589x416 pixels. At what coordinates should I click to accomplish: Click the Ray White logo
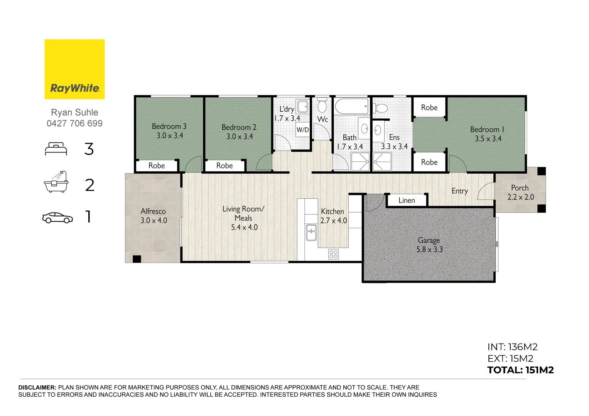tap(74, 69)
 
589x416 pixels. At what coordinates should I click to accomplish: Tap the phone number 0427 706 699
tap(74, 124)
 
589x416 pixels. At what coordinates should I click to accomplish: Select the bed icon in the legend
tap(56, 149)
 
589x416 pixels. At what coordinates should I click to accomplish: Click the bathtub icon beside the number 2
tap(56, 182)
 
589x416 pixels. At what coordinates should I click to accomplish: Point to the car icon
tap(57, 218)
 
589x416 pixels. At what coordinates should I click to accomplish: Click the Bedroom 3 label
tap(169, 126)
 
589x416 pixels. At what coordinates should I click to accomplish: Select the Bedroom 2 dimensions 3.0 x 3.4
tap(240, 137)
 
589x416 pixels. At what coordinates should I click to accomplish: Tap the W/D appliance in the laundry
tap(302, 130)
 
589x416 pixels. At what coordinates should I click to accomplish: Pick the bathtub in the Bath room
tap(351, 106)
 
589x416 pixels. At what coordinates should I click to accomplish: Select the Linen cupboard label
tap(407, 200)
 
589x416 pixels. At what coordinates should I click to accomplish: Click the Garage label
tap(429, 240)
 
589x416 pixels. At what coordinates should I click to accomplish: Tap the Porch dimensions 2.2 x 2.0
tap(520, 197)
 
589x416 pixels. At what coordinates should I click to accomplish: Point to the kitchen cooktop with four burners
tap(334, 254)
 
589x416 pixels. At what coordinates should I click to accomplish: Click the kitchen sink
tap(311, 232)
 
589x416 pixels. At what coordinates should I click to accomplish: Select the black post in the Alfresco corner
tap(137, 259)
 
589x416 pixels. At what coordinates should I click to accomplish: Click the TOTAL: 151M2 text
tap(520, 370)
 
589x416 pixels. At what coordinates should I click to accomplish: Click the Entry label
tap(459, 191)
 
